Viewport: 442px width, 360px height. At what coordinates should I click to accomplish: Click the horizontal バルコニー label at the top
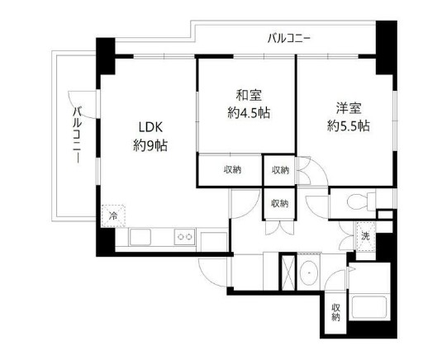pos(289,37)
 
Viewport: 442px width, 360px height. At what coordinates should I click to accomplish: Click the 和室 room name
pos(245,95)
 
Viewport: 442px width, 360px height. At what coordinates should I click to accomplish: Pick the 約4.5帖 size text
pos(245,113)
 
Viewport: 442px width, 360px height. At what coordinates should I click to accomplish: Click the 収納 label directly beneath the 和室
pos(232,170)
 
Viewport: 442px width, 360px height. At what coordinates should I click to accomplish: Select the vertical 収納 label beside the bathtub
pos(336,312)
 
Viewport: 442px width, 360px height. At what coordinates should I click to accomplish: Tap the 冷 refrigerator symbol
pos(112,216)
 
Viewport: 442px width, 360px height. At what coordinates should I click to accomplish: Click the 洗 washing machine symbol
pos(364,234)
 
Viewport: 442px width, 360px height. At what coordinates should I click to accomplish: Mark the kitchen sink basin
pos(140,238)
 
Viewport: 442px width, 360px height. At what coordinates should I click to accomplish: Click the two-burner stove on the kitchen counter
pos(184,238)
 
